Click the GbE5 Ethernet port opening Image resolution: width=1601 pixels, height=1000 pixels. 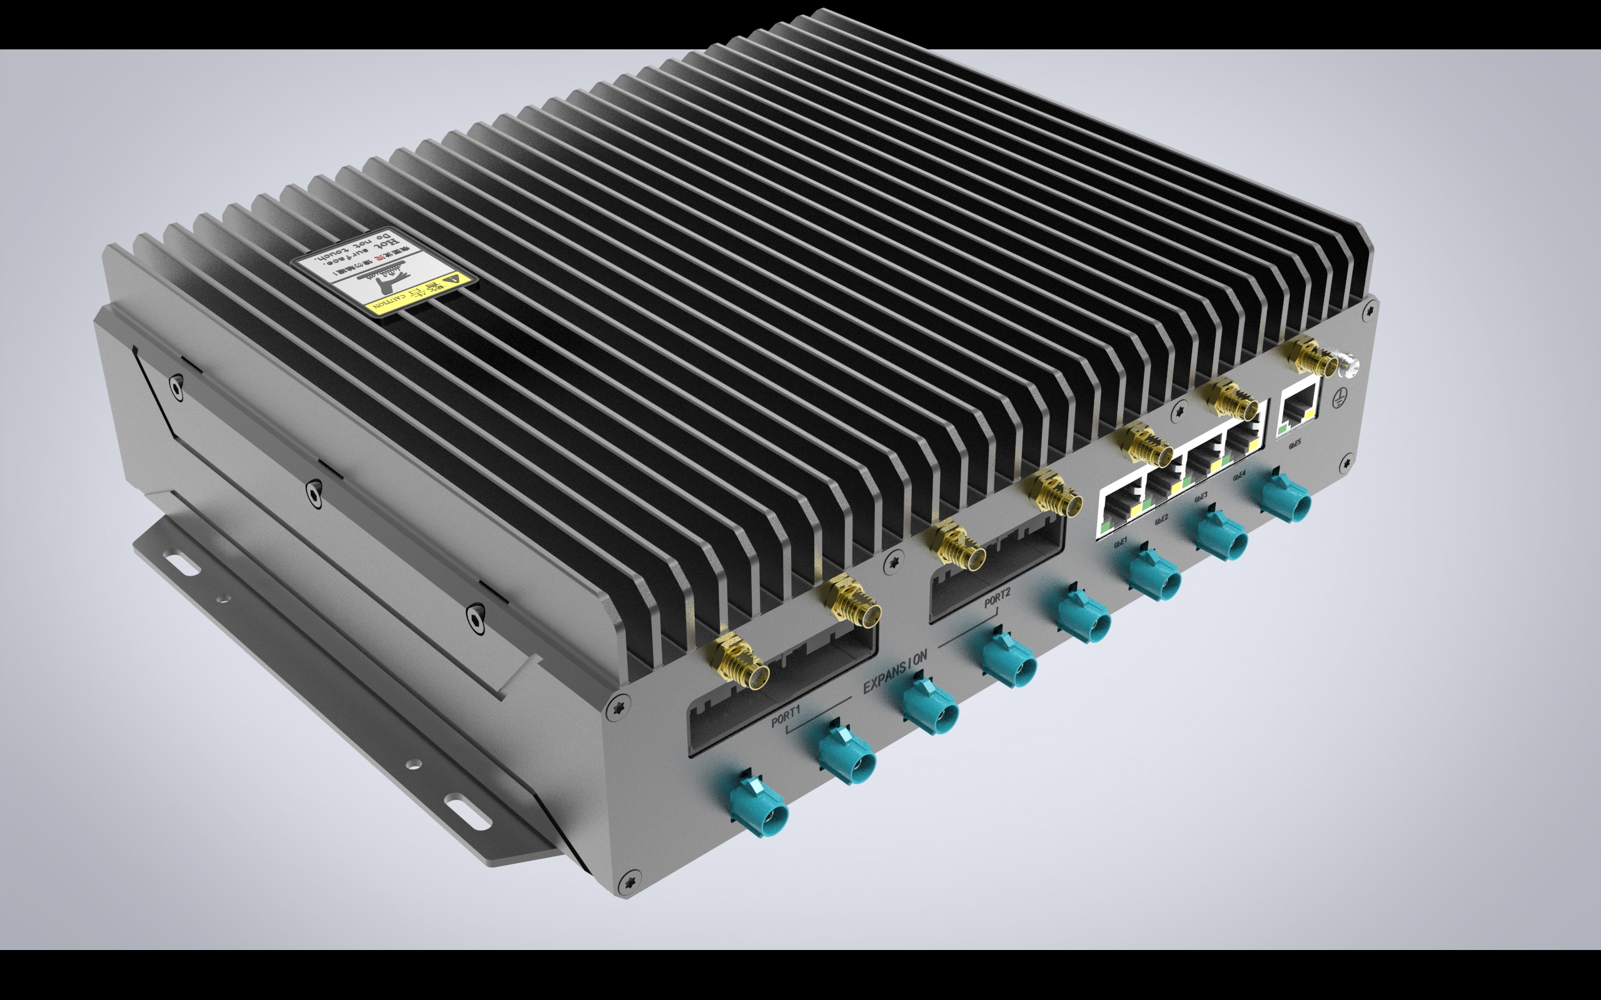pos(1299,402)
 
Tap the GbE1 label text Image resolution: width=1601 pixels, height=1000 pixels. pos(1121,543)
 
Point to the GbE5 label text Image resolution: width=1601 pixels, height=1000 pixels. pos(1295,444)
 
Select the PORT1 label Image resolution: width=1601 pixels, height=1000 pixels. pos(786,716)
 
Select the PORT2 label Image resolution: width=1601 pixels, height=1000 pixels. pos(997,598)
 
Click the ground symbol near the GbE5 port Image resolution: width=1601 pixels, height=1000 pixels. pos(1339,399)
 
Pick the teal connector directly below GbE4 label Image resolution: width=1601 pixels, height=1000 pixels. pos(1286,501)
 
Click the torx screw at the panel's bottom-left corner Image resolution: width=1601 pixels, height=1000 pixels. pos(629,882)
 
